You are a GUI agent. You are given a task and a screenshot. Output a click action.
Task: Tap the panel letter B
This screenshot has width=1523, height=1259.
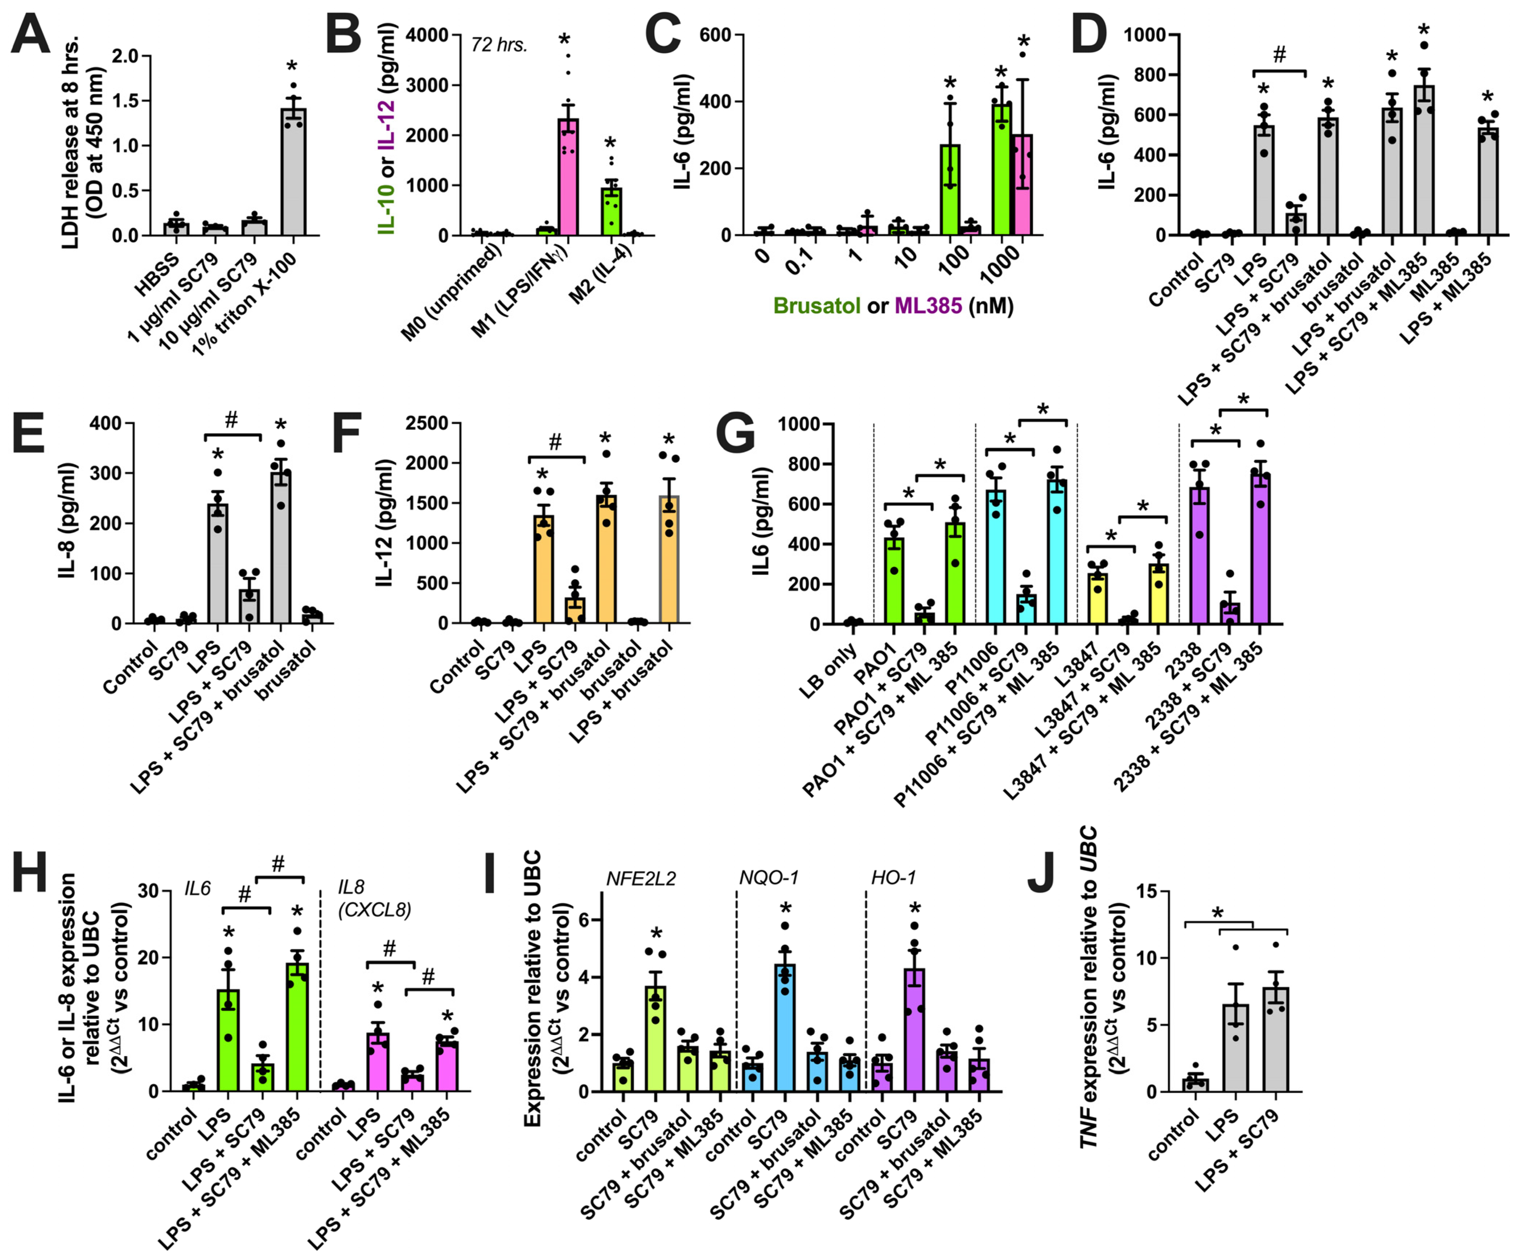point(343,34)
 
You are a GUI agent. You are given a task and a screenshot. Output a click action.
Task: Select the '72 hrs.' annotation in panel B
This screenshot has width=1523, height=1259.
point(499,45)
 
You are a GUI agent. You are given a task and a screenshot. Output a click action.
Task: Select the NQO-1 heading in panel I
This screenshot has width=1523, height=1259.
point(768,878)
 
